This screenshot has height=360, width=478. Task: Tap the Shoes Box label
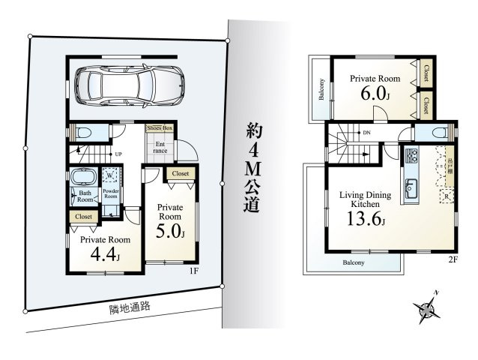coord(160,129)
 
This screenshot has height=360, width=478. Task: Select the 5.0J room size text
coord(170,230)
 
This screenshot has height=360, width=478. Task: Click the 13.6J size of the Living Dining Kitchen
coord(364,220)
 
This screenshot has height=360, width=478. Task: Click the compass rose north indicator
coord(428,306)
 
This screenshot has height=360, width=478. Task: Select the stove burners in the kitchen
coord(411,157)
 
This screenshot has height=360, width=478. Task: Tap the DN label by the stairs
coord(366,133)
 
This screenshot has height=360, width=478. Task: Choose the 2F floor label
coord(453,259)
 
